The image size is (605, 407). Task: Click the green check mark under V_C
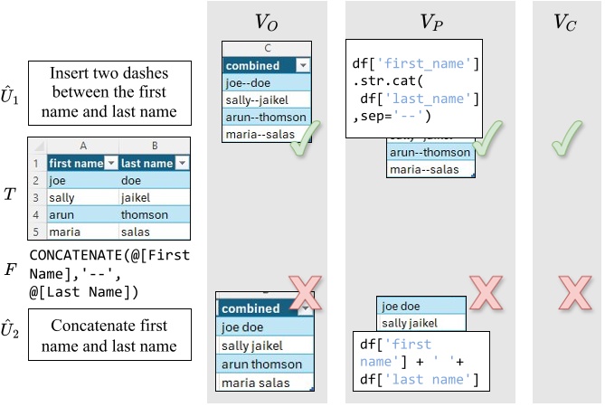click(x=568, y=138)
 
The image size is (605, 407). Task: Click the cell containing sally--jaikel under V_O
click(x=267, y=100)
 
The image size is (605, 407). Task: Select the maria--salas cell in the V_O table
click(x=267, y=135)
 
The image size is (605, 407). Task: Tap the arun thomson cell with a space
click(x=262, y=364)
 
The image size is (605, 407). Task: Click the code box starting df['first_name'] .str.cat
click(x=415, y=89)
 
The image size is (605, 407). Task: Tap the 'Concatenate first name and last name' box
click(x=109, y=336)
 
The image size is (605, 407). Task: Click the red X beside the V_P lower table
click(x=486, y=292)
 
